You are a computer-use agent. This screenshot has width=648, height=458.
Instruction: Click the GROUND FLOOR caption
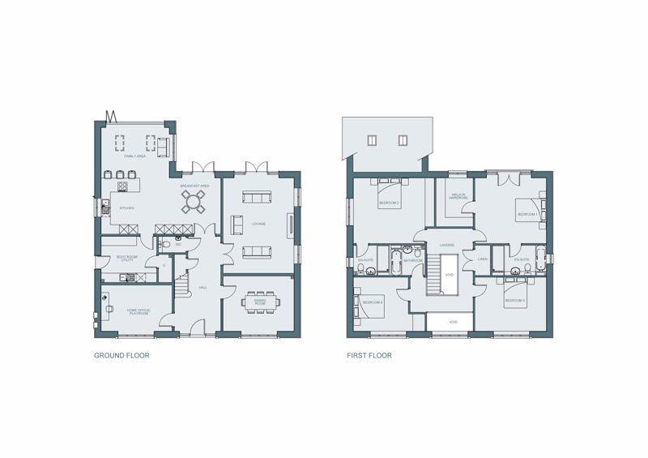coord(122,355)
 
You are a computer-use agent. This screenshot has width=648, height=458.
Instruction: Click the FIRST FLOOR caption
coord(369,355)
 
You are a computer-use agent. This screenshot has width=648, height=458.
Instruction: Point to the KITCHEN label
coord(126,208)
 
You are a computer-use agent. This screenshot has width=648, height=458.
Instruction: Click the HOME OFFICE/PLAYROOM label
coord(137,311)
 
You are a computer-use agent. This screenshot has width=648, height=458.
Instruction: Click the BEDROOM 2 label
coord(389,203)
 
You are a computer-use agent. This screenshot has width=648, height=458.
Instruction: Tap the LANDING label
coord(446,244)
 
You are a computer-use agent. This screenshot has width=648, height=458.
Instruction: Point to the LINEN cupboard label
coord(482,259)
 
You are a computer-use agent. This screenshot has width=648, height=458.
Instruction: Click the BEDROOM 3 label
coord(515,301)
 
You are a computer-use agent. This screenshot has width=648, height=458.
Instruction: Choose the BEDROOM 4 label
coord(373,302)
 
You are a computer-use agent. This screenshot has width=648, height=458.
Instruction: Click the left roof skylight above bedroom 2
coord(373,139)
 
